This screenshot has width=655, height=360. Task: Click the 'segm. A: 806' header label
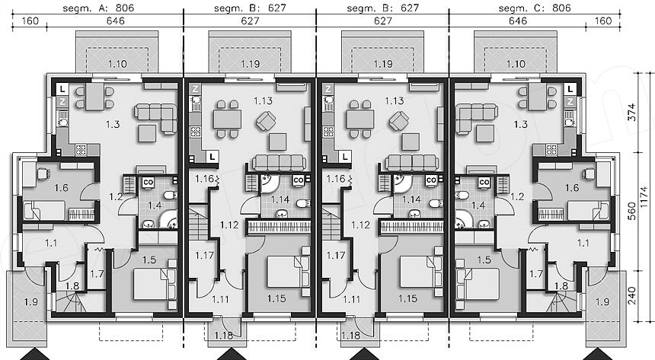[x=98, y=8]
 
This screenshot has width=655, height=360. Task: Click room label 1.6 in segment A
[x=62, y=188]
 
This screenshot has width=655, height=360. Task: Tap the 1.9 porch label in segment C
[x=602, y=301]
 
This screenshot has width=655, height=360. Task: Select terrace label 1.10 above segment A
[x=117, y=64]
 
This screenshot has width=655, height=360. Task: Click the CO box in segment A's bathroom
[x=148, y=183]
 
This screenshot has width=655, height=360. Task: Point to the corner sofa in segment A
[x=156, y=119]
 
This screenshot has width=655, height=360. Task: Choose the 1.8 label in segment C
[x=561, y=286]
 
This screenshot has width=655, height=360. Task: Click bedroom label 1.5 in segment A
[x=149, y=260]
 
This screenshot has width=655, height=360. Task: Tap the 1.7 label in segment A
[x=97, y=275]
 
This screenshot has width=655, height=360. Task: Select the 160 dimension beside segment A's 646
[x=30, y=21]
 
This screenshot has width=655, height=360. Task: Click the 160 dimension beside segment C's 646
[x=602, y=21]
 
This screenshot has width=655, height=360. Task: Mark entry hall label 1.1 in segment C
[x=583, y=242]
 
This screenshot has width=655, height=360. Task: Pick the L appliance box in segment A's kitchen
[x=62, y=88]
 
